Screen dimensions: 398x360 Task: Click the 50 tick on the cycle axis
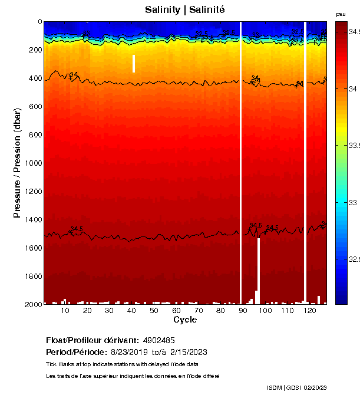pyautogui.click(x=154, y=311)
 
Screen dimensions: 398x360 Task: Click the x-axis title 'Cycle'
pyautogui.click(x=185, y=320)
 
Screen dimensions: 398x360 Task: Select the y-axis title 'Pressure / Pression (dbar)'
pyautogui.click(x=17, y=163)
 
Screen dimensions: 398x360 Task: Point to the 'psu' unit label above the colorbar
pyautogui.click(x=341, y=14)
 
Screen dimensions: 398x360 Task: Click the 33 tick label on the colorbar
pyautogui.click(x=354, y=202)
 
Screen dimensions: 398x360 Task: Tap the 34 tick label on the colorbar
pyautogui.click(x=354, y=88)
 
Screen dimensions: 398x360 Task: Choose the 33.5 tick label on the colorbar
pyautogui.click(x=354, y=145)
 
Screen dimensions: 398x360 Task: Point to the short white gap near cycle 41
pyautogui.click(x=134, y=64)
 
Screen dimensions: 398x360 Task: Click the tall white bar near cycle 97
pyautogui.click(x=259, y=271)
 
